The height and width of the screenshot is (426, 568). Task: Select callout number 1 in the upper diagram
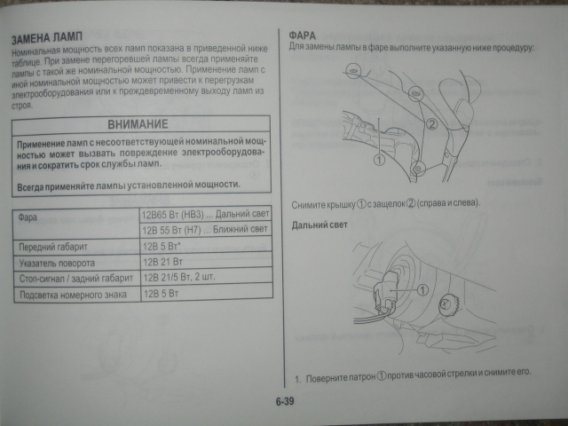pyautogui.click(x=378, y=160)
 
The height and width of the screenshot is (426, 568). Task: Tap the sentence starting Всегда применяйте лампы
pyautogui.click(x=128, y=185)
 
